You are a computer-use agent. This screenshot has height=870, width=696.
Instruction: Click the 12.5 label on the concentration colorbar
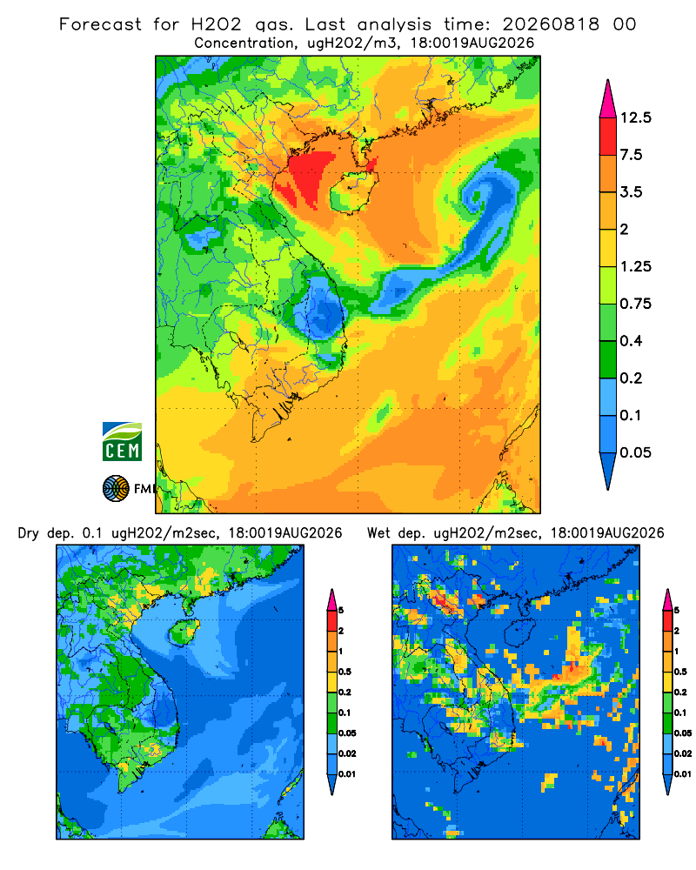[635, 117]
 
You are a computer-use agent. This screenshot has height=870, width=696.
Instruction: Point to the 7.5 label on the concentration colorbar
[631, 155]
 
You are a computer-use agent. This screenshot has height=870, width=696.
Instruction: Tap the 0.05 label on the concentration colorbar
[635, 452]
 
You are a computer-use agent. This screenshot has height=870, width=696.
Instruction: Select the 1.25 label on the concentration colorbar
[635, 266]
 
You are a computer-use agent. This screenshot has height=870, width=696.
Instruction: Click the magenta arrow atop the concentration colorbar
[608, 100]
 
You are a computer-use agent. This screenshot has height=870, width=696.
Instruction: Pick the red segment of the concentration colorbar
[608, 137]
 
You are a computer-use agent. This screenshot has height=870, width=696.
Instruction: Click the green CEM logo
[122, 442]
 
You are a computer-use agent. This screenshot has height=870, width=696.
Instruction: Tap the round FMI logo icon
[116, 489]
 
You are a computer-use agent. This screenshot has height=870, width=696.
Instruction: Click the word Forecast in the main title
[100, 24]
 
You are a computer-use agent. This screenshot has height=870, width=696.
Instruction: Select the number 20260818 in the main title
[551, 24]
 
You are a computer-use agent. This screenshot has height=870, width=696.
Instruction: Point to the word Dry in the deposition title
[29, 533]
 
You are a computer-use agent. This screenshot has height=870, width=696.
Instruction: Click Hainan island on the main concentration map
[353, 191]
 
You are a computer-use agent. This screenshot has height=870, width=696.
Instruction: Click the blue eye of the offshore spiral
[476, 197]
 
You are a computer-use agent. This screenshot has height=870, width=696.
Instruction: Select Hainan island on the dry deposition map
[184, 633]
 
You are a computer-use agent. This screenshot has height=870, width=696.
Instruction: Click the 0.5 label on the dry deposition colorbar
[345, 672]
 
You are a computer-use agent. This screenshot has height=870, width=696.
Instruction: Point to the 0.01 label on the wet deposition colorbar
[683, 773]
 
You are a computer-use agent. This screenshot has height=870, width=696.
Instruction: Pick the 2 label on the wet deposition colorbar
[677, 630]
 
